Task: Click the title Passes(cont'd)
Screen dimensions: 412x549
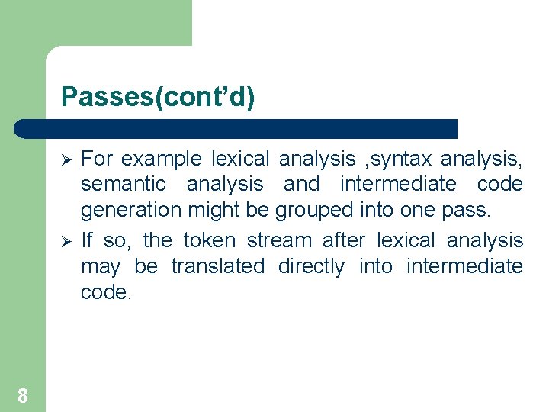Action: point(158,97)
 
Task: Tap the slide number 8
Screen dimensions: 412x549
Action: point(23,395)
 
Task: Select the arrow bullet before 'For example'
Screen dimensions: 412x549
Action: point(66,159)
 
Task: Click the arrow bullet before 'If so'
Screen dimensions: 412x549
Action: point(66,241)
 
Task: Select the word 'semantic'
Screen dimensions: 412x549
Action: point(124,184)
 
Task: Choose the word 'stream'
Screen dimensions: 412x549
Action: point(279,240)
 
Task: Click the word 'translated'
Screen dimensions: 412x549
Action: point(217,266)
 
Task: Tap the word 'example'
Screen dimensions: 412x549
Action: point(162,159)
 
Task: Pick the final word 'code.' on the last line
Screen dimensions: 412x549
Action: point(107,292)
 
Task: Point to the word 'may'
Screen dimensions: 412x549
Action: point(101,267)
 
